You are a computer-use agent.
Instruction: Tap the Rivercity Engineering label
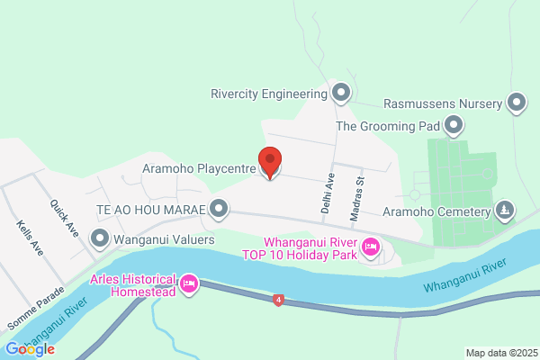pos(267,93)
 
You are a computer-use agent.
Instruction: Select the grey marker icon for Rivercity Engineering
pos(341,93)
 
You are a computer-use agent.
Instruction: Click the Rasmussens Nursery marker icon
pos(517,103)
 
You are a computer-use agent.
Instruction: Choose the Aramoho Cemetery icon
pos(505,211)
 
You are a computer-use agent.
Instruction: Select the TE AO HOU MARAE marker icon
pos(219,210)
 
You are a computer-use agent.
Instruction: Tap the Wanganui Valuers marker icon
pos(100,239)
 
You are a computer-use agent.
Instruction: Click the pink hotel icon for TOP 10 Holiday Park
pos(369,247)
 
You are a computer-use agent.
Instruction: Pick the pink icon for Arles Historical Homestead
pos(189,284)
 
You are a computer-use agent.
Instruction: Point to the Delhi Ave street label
pos(328,192)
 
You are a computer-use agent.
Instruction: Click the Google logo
pos(30,348)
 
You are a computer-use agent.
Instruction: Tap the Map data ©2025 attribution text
pos(499,352)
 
